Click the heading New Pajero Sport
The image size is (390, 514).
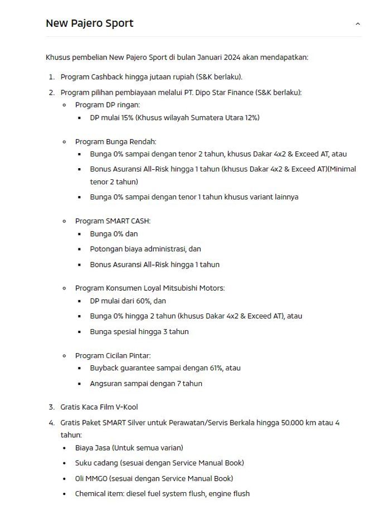[x=89, y=23]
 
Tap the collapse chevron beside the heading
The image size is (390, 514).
[x=358, y=24]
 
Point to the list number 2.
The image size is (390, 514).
[x=51, y=92]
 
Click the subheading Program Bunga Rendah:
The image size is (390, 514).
[x=116, y=142]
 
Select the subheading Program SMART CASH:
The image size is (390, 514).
[x=113, y=221]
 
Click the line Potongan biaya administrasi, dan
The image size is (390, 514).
[x=145, y=249]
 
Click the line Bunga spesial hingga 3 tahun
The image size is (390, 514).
[x=139, y=331]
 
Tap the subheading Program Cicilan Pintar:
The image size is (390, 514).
[x=113, y=355]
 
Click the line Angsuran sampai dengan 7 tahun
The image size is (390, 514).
[x=146, y=383]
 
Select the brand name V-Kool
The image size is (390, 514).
[x=127, y=407]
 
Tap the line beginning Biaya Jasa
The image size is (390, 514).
[x=129, y=447]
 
